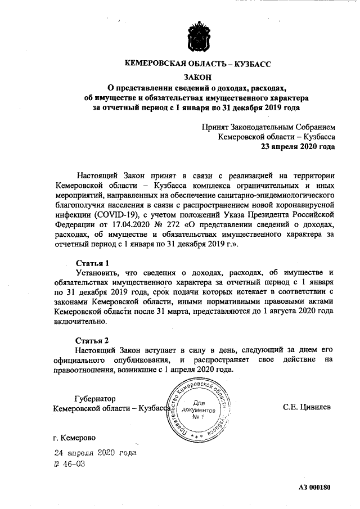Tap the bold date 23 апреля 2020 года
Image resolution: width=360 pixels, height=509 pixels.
(x=297, y=147)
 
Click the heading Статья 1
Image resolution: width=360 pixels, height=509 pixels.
(x=92, y=263)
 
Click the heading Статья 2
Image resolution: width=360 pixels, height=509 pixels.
(x=92, y=340)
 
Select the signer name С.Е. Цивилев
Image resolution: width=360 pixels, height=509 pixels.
(x=307, y=407)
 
